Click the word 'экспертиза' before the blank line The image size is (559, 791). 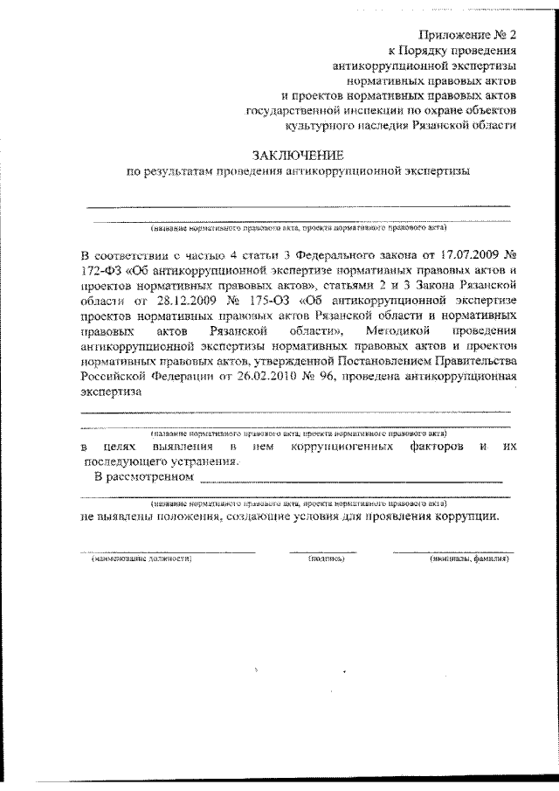(x=110, y=393)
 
